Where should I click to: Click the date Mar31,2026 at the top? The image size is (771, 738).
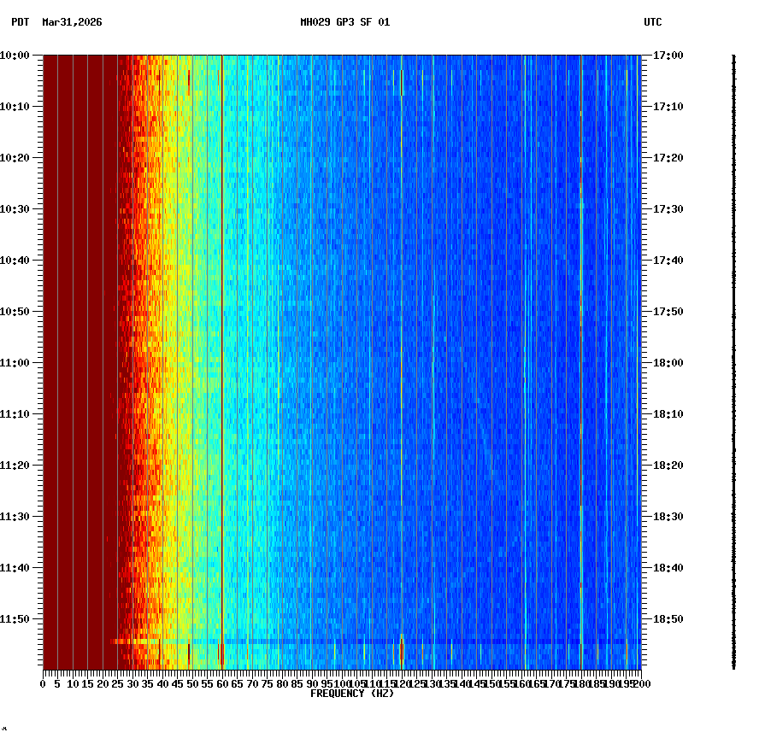72,22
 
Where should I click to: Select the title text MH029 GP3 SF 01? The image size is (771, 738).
344,22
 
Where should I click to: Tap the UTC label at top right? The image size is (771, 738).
652,22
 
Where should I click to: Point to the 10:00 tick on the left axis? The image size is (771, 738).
40,55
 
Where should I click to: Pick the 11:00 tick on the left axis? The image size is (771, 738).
40,362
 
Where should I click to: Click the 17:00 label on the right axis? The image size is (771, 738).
668,56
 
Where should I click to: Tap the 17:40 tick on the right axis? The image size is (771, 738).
644,260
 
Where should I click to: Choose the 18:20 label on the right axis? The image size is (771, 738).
668,466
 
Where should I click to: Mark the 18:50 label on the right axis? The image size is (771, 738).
668,619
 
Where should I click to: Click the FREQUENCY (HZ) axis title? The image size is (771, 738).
351,694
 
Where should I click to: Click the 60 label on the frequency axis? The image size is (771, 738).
221,684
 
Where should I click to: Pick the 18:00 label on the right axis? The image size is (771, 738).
668,363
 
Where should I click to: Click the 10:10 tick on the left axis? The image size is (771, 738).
40,106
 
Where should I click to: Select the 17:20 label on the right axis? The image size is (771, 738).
668,158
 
